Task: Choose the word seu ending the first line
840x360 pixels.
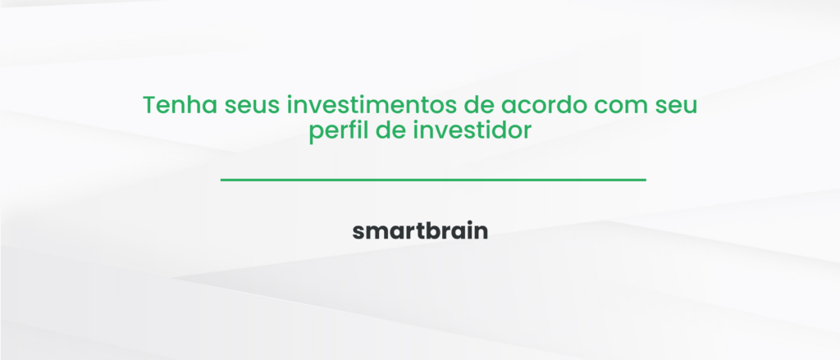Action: (x=677, y=107)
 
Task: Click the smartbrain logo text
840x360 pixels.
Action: (x=420, y=231)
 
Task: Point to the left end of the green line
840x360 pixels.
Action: (x=222, y=179)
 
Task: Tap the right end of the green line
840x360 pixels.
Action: (x=645, y=179)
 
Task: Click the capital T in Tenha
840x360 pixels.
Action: (x=149, y=107)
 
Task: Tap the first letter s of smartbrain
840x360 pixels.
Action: (x=358, y=232)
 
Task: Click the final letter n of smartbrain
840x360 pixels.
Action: (x=482, y=232)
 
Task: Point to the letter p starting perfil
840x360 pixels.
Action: (x=316, y=133)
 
